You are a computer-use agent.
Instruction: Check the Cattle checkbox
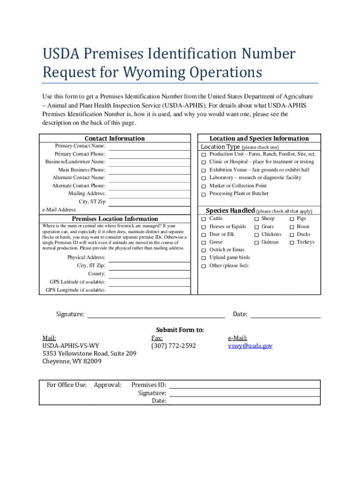204,219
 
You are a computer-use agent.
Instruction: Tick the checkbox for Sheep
256,219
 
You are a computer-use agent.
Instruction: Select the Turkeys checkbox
292,242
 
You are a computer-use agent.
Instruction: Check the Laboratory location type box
204,178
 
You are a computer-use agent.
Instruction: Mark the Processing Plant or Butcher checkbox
204,194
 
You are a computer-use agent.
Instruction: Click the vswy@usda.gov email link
250,346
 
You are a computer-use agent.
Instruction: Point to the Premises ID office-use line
245,386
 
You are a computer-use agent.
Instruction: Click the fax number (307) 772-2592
173,346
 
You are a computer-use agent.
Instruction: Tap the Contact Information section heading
115,138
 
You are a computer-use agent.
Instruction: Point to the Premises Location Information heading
115,219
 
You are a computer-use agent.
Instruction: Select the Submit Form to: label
180,330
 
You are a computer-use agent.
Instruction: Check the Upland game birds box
204,258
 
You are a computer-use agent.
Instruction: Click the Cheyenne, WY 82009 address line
72,361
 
